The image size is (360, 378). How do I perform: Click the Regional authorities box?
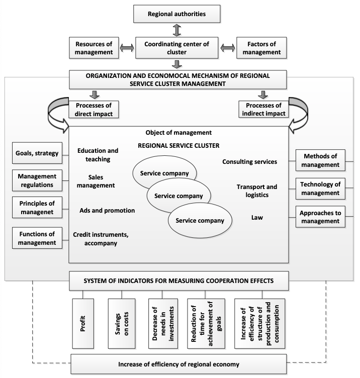(x=177, y=14)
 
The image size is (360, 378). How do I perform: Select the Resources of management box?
(x=94, y=48)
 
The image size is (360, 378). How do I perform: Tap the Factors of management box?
(x=261, y=48)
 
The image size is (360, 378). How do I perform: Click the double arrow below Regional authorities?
(x=177, y=30)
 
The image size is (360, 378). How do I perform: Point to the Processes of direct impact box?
(x=94, y=110)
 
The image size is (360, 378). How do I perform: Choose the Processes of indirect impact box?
(x=263, y=109)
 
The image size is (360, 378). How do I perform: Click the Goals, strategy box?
(x=37, y=153)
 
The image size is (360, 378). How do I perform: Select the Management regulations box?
(x=37, y=180)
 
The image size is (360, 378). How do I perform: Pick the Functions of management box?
(x=37, y=238)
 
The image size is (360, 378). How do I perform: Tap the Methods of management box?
(x=320, y=160)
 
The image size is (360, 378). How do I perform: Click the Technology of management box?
(x=320, y=188)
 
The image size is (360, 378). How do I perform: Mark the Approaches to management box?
(x=320, y=217)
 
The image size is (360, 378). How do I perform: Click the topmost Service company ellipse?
(x=164, y=169)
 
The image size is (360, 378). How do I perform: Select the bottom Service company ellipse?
(x=200, y=220)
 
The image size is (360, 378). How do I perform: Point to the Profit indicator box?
(x=83, y=324)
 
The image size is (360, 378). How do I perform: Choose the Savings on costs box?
(x=122, y=324)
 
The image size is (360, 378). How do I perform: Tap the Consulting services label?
(x=249, y=162)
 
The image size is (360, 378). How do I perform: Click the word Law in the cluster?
(x=257, y=218)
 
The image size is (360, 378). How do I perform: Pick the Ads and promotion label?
(x=107, y=211)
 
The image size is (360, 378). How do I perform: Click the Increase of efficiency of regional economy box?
(x=178, y=364)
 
